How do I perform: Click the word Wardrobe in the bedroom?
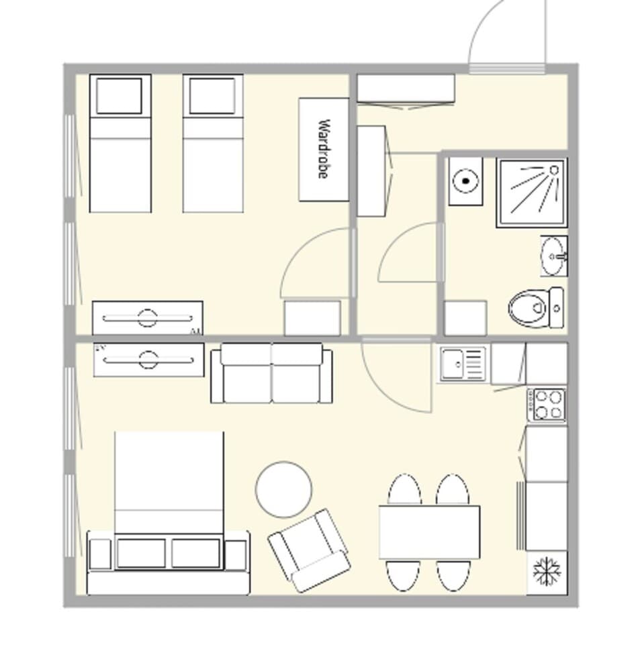324,149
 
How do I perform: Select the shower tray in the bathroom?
531,193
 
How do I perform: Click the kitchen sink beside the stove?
462,364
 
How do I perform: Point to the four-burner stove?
546,405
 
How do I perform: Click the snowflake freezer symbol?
546,572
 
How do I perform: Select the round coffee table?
283,489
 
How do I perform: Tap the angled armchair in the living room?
309,550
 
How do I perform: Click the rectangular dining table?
429,532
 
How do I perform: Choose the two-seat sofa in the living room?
271,374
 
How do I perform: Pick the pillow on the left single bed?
120,96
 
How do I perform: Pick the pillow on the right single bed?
212,96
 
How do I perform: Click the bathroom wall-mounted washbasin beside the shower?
553,256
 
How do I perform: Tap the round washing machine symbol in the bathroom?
465,180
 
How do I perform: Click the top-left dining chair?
404,490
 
